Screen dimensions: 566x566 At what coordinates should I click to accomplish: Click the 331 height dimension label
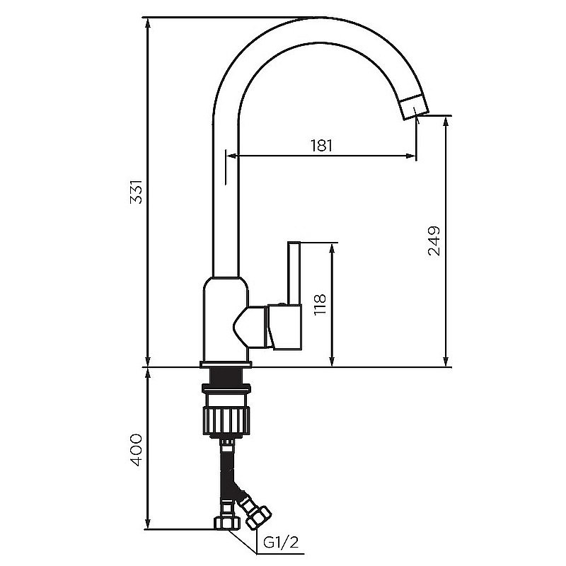coord(138,192)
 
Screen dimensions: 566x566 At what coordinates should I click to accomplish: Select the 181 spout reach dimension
coord(321,146)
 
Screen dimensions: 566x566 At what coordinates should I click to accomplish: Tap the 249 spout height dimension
coord(434,241)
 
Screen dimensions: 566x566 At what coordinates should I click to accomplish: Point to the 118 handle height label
coord(320,305)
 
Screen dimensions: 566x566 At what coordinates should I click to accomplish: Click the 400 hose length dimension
coord(137,449)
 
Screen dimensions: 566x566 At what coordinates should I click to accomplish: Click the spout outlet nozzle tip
coord(413,108)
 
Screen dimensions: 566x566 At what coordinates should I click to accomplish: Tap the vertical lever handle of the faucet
coord(294,272)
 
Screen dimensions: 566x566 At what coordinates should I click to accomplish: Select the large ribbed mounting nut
coord(226,417)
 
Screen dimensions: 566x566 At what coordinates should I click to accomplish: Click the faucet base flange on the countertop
coord(226,364)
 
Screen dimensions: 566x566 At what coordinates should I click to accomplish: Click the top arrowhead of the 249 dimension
coord(446,121)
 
